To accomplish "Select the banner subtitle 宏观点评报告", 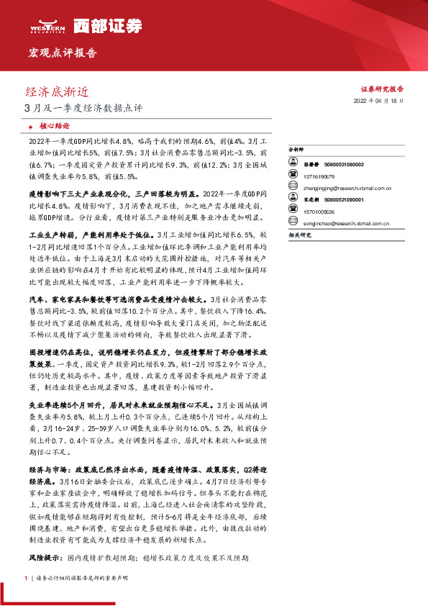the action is (x=63, y=53).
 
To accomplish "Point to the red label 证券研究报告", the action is (x=381, y=89).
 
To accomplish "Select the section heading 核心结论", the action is (x=55, y=125).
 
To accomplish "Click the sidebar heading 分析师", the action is (x=297, y=150).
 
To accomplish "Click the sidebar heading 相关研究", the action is (x=299, y=235).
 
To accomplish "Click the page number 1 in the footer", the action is (x=26, y=578).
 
